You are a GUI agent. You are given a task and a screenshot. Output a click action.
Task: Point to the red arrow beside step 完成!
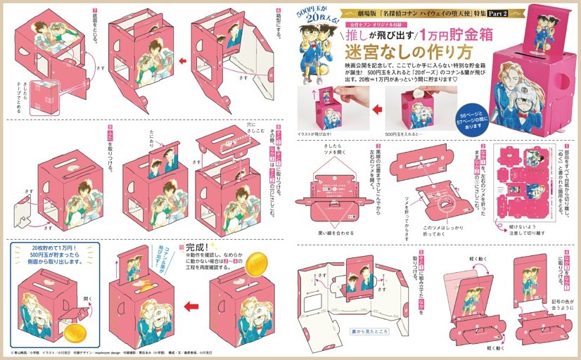(x=190, y=307)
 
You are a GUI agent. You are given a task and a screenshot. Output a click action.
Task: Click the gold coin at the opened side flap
(x=73, y=330)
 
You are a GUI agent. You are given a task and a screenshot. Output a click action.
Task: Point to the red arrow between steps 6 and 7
(x=182, y=61)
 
